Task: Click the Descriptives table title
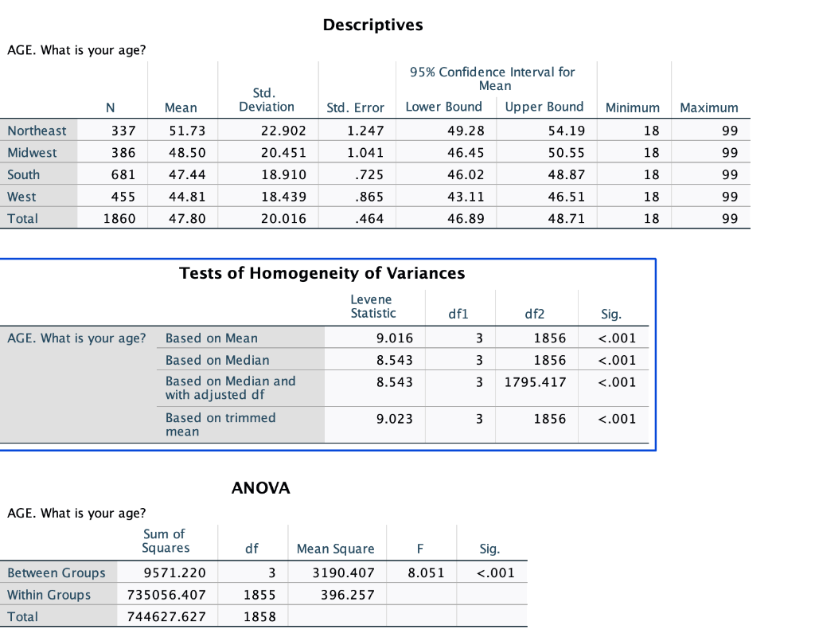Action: (x=372, y=25)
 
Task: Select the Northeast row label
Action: (x=37, y=131)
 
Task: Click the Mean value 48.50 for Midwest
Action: (x=187, y=153)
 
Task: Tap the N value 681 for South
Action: (x=123, y=174)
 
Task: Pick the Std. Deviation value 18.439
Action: (x=284, y=197)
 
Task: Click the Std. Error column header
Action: (x=355, y=107)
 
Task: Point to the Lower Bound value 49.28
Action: (x=466, y=131)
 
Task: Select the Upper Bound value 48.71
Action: (x=567, y=218)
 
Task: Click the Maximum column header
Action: (x=709, y=107)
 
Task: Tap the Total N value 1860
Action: (x=119, y=218)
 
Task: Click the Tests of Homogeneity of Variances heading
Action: (x=322, y=273)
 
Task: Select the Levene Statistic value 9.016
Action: (x=395, y=338)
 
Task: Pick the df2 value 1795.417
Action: (x=536, y=382)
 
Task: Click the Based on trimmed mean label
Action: (x=220, y=424)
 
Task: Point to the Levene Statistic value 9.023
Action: (x=395, y=419)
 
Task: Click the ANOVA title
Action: (x=261, y=488)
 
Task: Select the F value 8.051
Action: (x=427, y=573)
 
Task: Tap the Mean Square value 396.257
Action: (x=348, y=594)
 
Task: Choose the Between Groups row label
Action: (x=57, y=573)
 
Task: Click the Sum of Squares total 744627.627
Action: (x=167, y=617)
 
